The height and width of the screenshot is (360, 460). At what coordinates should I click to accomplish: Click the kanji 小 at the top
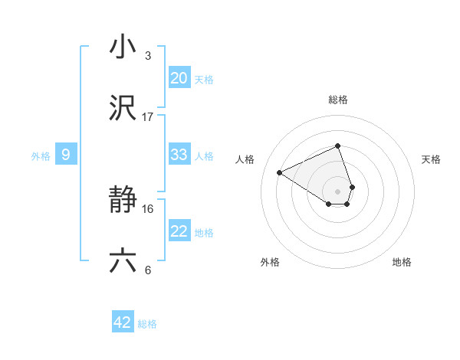point(123,47)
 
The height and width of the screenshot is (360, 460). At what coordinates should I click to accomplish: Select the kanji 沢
point(123,110)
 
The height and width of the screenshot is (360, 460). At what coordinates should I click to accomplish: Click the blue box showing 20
point(179,78)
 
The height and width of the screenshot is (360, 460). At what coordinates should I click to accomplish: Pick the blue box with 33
point(179,155)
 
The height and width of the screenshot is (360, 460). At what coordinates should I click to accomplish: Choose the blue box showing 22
point(179,231)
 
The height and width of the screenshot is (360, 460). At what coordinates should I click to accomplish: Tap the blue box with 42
point(123,322)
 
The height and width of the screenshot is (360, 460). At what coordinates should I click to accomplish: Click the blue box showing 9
point(66,155)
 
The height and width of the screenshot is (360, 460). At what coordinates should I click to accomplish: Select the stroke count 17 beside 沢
point(148,117)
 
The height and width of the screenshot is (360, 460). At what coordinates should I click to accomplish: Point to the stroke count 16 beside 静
point(148,208)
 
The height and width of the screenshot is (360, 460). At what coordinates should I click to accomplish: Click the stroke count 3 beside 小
point(148,55)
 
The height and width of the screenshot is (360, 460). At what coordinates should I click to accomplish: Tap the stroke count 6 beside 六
point(148,270)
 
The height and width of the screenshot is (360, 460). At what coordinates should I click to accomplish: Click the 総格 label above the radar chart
point(338,100)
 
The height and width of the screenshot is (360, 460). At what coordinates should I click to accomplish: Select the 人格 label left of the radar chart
point(245,159)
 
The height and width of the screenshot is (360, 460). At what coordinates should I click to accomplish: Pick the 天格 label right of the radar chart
point(431,159)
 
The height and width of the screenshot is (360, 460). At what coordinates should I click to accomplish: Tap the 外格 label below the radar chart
point(270,262)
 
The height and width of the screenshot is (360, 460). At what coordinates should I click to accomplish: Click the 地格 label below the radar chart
point(402,262)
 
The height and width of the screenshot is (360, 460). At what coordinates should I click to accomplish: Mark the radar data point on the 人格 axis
point(280,172)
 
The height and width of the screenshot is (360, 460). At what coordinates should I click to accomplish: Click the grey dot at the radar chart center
point(338,191)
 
